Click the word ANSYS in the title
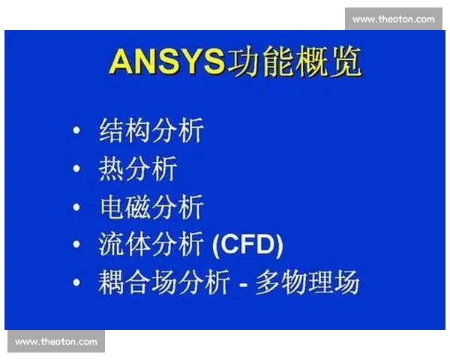click(x=166, y=61)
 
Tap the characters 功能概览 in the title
click(x=294, y=61)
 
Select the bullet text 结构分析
click(x=151, y=130)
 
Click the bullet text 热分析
click(x=138, y=169)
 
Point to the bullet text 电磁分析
click(x=151, y=207)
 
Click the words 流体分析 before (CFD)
click(x=151, y=244)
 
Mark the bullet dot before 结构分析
click(x=76, y=131)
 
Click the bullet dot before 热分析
click(x=76, y=169)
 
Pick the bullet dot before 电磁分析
click(x=76, y=207)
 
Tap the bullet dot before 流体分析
click(x=76, y=244)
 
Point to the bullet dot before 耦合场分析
click(x=76, y=283)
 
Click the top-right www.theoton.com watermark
click(x=393, y=19)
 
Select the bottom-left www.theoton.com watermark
click(x=56, y=342)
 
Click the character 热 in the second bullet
click(x=112, y=169)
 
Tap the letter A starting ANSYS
click(x=121, y=61)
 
